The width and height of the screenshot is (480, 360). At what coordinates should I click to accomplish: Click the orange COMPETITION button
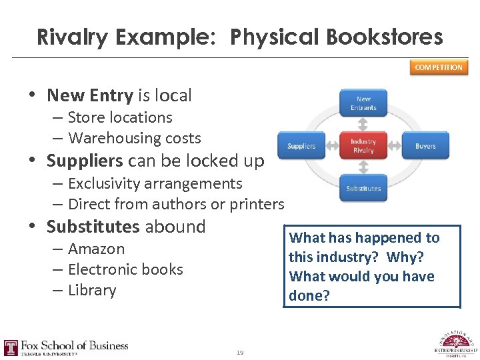coord(439,67)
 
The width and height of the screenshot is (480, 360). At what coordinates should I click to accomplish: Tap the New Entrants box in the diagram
coord(363,103)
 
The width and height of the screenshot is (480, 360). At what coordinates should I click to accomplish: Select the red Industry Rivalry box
coord(363,145)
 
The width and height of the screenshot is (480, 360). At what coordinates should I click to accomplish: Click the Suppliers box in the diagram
coord(301,146)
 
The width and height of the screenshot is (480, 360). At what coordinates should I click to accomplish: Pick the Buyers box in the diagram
coord(425,146)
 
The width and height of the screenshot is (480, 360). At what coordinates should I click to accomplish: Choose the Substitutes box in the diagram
coord(363,188)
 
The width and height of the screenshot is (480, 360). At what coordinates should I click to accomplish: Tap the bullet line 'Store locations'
coord(120,117)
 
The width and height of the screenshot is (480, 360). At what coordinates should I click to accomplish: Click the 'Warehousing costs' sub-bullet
coord(134,138)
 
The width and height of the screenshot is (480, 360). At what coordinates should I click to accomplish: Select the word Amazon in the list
coord(96,249)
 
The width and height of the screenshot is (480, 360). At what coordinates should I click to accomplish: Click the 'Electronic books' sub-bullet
coord(125,269)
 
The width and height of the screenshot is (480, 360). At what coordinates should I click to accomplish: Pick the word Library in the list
coord(92,290)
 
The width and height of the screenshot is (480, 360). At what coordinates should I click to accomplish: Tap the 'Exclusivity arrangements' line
coord(155,183)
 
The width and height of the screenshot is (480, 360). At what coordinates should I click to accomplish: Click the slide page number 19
coord(239,353)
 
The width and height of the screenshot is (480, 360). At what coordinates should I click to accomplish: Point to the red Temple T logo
coord(11,347)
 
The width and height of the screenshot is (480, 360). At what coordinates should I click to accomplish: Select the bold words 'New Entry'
coord(90,95)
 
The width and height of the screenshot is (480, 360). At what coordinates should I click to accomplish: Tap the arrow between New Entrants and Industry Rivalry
coord(363,124)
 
